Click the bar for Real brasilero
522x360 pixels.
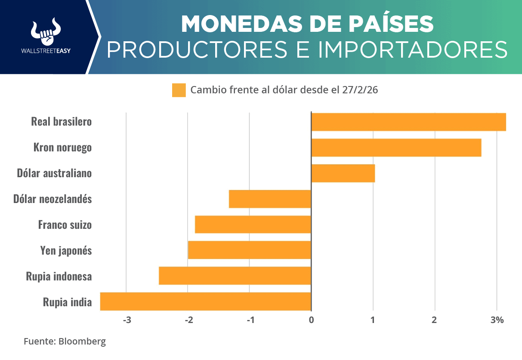[408, 122]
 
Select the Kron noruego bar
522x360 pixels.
[396, 148]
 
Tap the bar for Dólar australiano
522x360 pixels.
[343, 173]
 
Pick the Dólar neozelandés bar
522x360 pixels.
[270, 199]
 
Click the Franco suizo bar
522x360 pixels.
[253, 225]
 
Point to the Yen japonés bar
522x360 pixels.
[250, 250]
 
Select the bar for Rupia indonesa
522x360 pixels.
[235, 276]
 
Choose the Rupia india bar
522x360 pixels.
[206, 301]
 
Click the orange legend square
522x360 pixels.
[179, 90]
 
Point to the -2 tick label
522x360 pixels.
[188, 320]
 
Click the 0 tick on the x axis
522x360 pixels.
[311, 320]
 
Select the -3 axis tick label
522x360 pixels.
[127, 320]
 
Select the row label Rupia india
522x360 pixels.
[68, 302]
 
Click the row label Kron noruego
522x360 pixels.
[63, 148]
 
